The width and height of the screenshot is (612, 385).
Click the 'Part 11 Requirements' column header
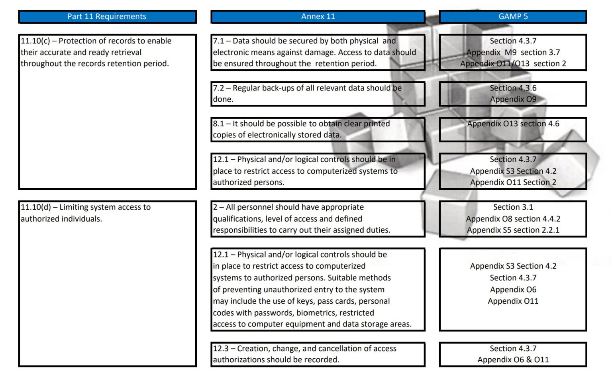pos(107,17)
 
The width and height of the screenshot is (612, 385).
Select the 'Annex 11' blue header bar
pos(318,17)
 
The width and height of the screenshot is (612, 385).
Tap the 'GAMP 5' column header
pos(513,17)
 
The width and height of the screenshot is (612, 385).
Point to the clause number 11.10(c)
pos(35,41)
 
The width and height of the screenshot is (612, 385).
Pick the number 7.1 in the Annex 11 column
pos(218,41)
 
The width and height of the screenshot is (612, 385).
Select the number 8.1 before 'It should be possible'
pos(218,124)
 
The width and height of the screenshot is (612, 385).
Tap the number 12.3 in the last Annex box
pos(221,349)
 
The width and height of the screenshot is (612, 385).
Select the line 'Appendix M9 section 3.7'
pos(513,53)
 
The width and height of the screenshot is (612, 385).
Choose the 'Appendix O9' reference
pos(513,99)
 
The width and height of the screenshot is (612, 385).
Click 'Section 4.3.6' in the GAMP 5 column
pos(513,88)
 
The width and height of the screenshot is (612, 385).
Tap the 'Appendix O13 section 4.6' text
pos(513,124)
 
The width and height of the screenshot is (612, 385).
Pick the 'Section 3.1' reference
pos(513,207)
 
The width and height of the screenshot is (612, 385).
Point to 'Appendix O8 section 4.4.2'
pos(513,219)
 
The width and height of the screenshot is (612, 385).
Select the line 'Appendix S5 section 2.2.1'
pos(513,230)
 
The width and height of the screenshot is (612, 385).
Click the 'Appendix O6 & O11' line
pos(513,360)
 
